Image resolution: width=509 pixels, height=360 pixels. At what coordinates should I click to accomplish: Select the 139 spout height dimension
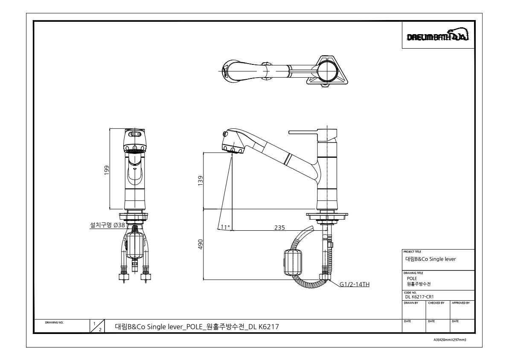pyautogui.click(x=201, y=181)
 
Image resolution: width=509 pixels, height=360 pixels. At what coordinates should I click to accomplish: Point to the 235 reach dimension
pyautogui.click(x=279, y=227)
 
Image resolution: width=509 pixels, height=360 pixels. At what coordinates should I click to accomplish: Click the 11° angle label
pyautogui.click(x=225, y=227)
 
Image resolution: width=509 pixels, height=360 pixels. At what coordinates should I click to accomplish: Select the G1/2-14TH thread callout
pyautogui.click(x=355, y=285)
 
